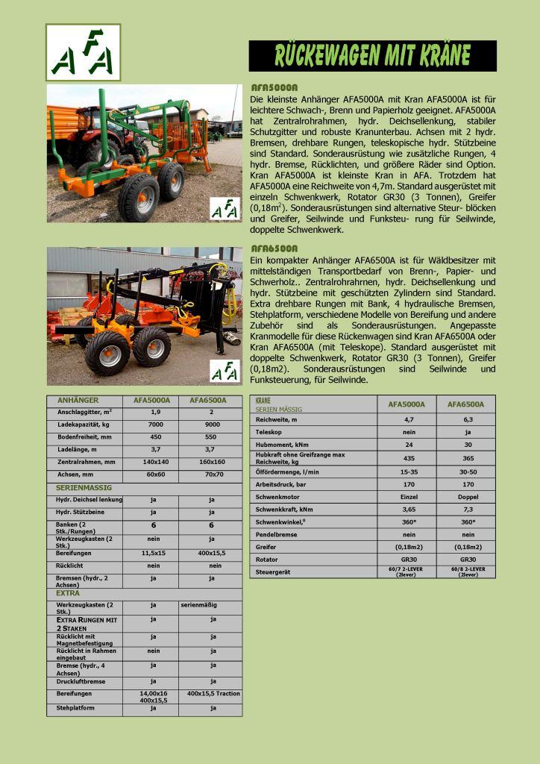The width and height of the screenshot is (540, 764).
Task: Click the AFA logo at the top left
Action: click(83, 52)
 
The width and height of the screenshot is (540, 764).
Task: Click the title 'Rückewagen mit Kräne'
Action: click(372, 56)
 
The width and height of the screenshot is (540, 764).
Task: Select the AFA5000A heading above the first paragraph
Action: click(274, 87)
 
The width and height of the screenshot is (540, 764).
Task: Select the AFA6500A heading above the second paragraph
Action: click(274, 248)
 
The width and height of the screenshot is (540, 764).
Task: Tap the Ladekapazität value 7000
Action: click(155, 425)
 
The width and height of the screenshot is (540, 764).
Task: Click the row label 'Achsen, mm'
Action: click(75, 474)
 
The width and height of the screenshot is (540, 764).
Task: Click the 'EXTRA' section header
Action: click(68, 593)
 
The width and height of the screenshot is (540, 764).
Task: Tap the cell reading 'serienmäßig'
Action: click(201, 605)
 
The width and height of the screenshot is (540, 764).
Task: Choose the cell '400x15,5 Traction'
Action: click(213, 693)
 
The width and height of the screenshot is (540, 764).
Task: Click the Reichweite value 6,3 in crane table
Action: click(468, 419)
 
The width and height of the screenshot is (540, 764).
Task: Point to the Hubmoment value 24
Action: click(409, 444)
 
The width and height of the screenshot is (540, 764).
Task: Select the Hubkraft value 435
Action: click(409, 458)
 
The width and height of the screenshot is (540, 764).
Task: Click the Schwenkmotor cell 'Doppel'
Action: click(468, 496)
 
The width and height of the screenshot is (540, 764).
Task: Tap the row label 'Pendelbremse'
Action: click(273, 534)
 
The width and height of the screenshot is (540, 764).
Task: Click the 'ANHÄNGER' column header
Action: click(78, 401)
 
